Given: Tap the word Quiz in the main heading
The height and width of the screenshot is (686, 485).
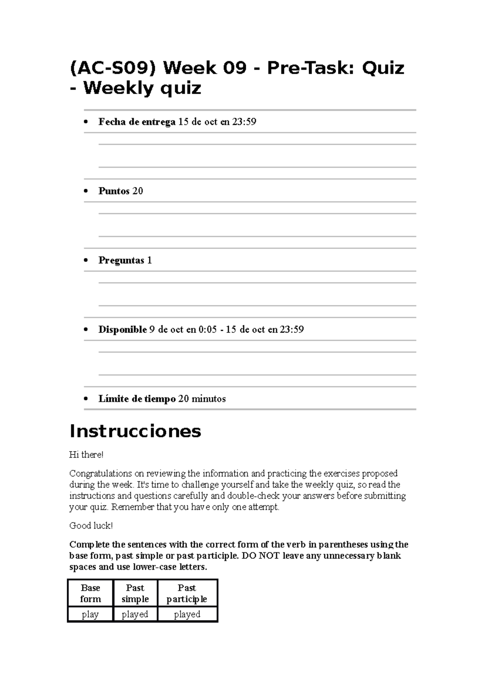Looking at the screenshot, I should tap(383, 68).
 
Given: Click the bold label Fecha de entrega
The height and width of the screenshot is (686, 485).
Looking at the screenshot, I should tap(137, 122).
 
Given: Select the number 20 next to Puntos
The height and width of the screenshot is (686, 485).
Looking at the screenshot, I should tap(137, 191).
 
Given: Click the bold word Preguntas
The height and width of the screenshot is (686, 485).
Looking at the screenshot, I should tap(121, 261).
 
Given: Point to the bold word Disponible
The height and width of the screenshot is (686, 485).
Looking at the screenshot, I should tap(122, 330).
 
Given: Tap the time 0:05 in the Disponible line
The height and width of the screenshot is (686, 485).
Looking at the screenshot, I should tap(208, 330).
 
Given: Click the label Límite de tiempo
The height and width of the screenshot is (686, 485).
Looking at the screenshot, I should tap(137, 399).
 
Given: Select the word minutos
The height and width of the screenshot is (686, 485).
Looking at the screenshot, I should tap(209, 399).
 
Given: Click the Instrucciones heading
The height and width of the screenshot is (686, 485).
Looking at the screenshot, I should tap(135, 431).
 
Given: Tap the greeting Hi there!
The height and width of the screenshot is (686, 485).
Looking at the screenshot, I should tap(86, 455).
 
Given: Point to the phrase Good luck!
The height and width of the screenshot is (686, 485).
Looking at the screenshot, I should tap(91, 526).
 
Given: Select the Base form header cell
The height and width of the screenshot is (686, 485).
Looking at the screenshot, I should tap(91, 593).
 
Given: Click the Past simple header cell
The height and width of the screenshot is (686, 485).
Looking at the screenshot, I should tap(135, 593).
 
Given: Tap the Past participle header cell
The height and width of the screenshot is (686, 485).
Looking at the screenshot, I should tap(187, 593).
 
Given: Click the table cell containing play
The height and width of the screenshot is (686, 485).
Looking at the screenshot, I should tap(90, 614).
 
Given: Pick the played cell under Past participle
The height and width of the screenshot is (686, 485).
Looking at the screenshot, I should tap(187, 614).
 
